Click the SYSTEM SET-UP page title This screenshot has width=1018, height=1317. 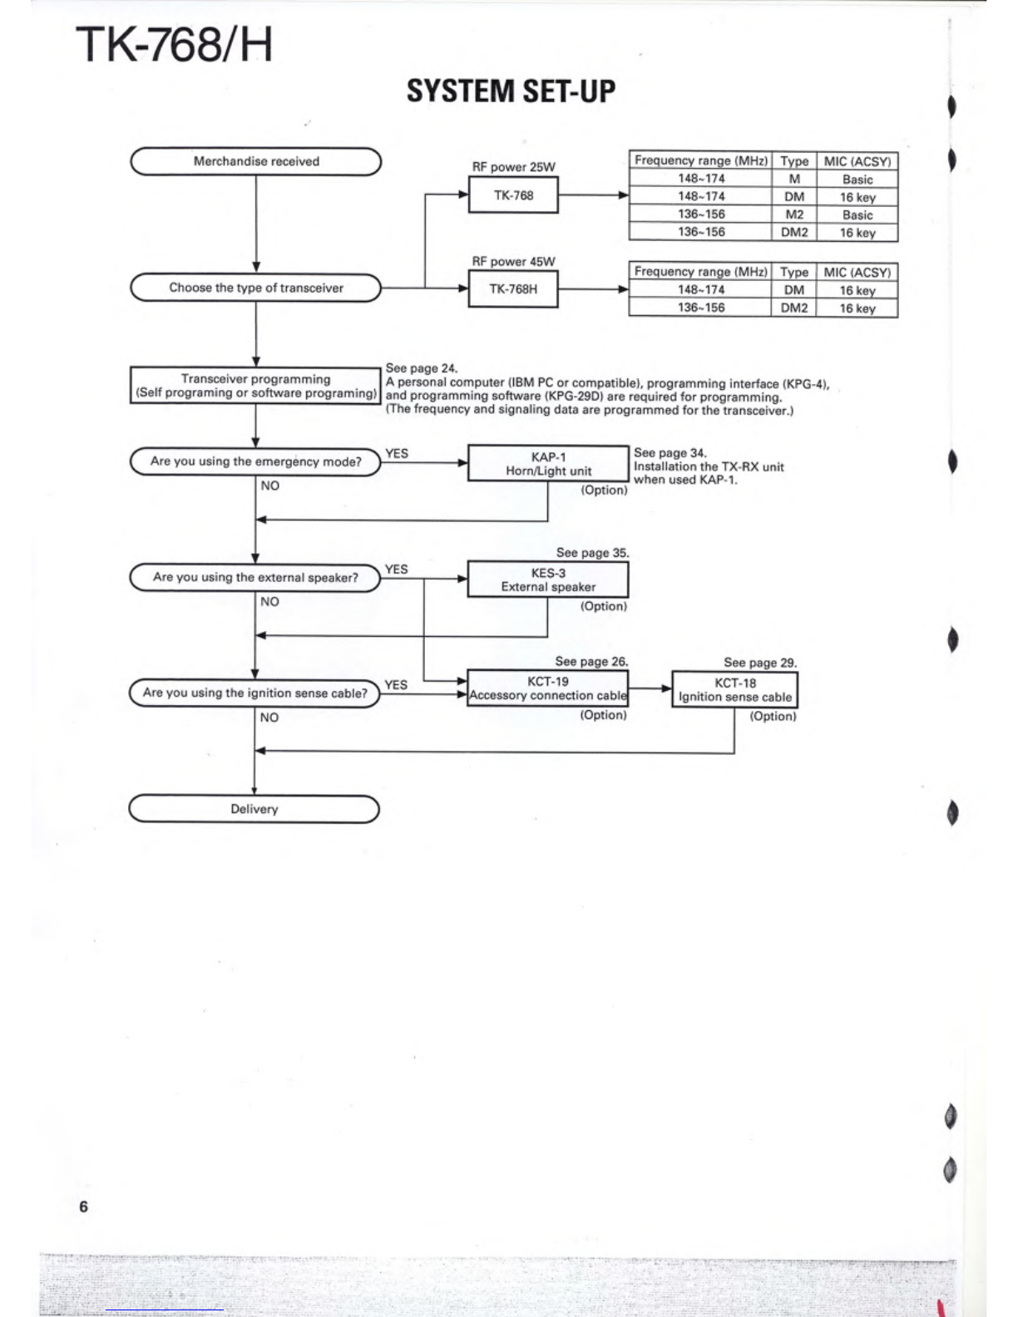[511, 91]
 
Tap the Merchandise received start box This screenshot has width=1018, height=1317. [256, 162]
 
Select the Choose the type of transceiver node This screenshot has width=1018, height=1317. [256, 288]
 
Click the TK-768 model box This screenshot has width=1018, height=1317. [513, 195]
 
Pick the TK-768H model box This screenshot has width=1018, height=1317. [513, 289]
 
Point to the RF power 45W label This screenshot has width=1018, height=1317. [513, 262]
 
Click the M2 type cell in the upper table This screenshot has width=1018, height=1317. [794, 215]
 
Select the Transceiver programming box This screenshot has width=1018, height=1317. [255, 386]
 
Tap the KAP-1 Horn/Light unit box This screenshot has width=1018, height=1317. [548, 464]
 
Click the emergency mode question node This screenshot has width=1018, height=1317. [255, 461]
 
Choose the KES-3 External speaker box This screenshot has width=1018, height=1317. [548, 580]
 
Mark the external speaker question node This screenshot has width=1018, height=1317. [255, 578]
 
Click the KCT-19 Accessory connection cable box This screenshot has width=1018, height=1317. [547, 688]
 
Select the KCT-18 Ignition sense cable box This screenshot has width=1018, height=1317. [735, 690]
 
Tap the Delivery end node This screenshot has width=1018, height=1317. [254, 809]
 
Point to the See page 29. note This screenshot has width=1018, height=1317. [760, 663]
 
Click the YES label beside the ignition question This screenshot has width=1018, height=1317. [396, 685]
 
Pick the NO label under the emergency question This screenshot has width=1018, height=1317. [269, 486]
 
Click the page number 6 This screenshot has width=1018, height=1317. [84, 1206]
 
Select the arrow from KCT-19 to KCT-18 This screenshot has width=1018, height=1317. [650, 689]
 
